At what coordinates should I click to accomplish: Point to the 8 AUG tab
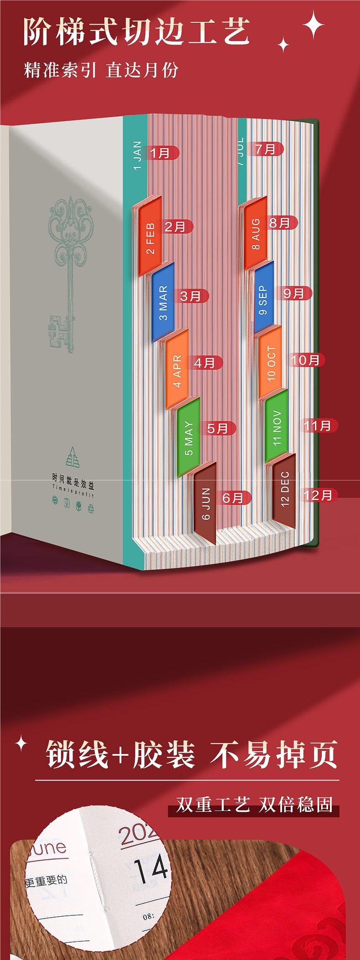(x=256, y=234)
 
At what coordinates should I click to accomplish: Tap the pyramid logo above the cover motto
(x=72, y=457)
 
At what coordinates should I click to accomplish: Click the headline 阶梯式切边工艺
(x=137, y=32)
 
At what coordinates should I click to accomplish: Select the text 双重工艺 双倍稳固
(x=254, y=805)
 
